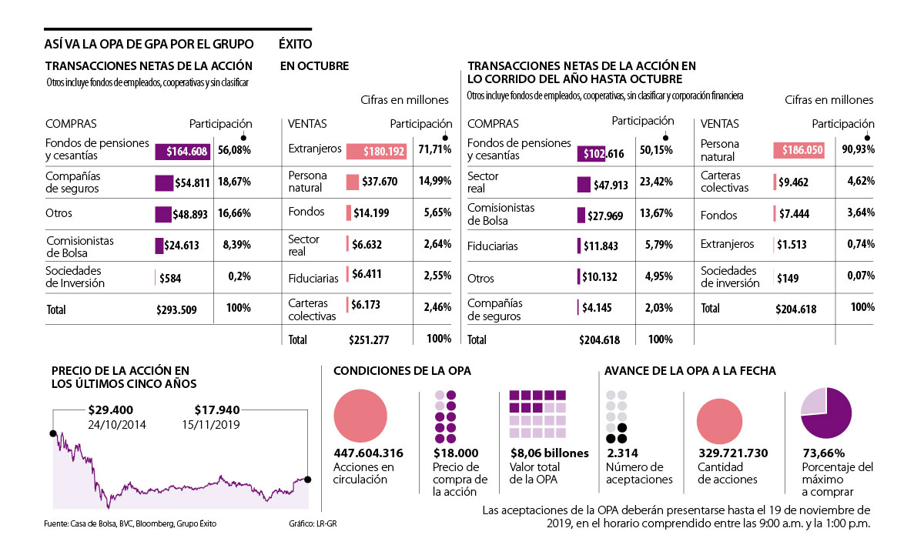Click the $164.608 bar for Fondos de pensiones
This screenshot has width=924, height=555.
tap(182, 152)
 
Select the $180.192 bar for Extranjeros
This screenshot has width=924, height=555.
tap(377, 152)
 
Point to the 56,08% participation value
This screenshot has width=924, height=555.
tap(234, 150)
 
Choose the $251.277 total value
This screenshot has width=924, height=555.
tap(370, 339)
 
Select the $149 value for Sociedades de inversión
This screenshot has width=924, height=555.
tap(788, 277)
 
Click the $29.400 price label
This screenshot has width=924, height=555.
tap(112, 410)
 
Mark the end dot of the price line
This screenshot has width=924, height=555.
tap(308, 480)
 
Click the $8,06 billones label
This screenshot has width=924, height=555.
tap(549, 453)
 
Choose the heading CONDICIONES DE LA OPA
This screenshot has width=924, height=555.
tap(402, 371)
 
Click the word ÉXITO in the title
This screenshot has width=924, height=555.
tap(296, 44)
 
